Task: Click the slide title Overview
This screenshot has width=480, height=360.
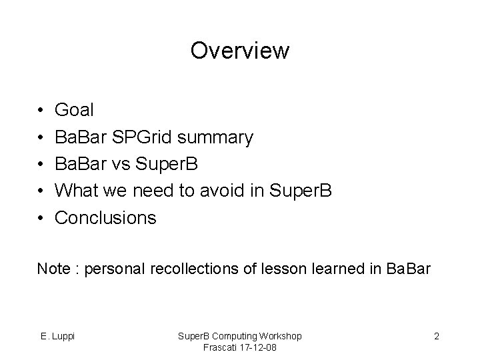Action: coord(239,51)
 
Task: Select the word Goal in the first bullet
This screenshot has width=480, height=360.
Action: coord(75,109)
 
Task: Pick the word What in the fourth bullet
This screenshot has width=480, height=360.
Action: coord(75,191)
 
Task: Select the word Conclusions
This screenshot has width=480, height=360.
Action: coord(105,218)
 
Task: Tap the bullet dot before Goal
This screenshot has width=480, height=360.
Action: coord(41,110)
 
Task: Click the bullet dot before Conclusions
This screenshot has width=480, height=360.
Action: coord(41,218)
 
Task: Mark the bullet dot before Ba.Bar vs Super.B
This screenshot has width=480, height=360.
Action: coord(41,164)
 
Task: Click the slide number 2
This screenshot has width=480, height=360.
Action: coord(436,336)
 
